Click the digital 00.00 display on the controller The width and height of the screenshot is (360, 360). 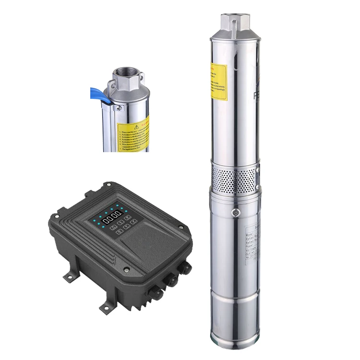(111, 218)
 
